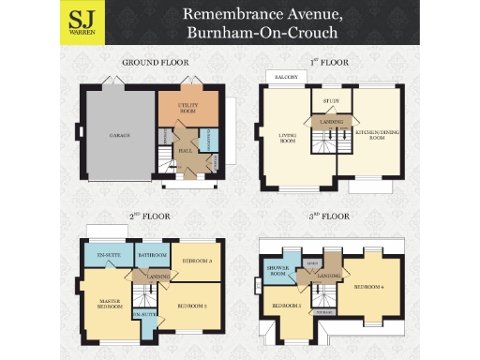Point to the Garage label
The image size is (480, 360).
pos(118,135)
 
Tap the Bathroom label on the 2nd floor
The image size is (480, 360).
pos(152,255)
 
